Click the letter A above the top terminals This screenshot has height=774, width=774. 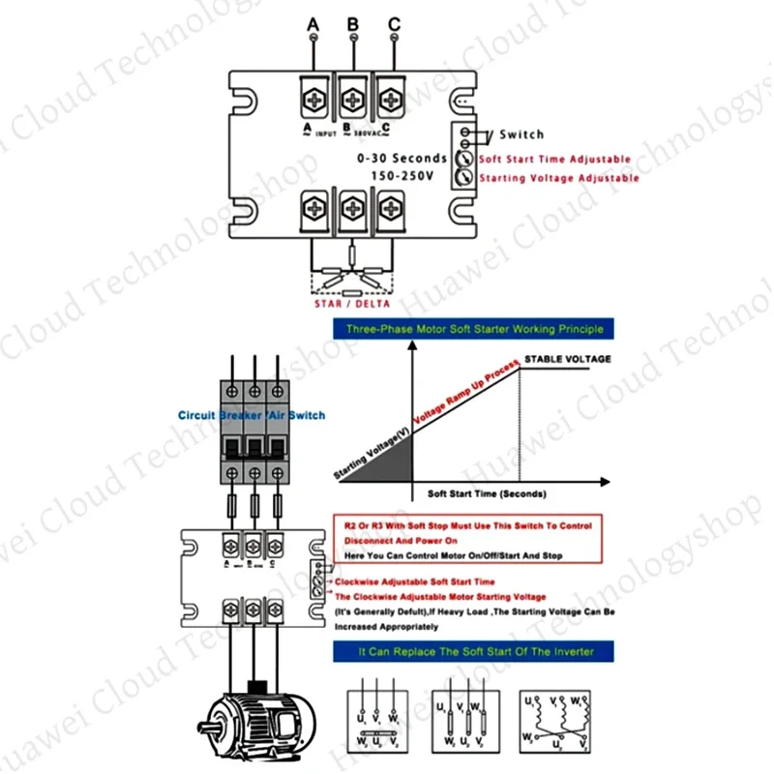tap(313, 22)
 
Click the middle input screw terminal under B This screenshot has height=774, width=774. tap(353, 97)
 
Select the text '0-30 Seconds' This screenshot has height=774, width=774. tap(402, 158)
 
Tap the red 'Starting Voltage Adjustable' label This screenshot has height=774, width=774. tap(558, 178)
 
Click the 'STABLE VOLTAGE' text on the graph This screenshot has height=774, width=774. tap(568, 359)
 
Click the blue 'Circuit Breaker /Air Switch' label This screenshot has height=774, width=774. tap(252, 415)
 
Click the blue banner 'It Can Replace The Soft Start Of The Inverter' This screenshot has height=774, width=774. tap(475, 652)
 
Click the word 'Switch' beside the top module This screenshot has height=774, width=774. tap(521, 134)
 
